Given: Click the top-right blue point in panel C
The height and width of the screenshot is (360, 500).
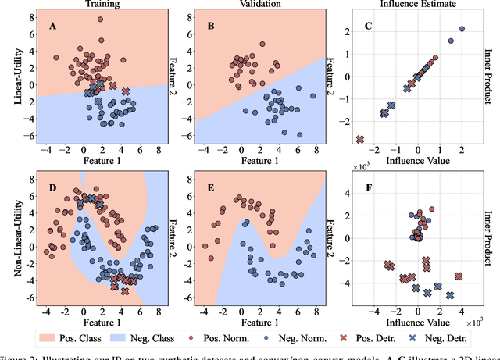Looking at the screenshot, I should pyautogui.click(x=462, y=29).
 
